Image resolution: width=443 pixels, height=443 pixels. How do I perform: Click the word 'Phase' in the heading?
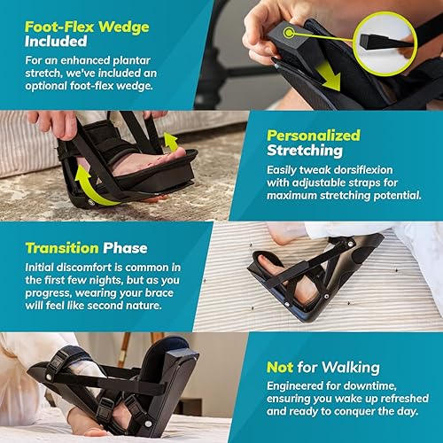[x=128, y=248]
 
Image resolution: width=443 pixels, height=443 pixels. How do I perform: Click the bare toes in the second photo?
[x=164, y=158]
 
